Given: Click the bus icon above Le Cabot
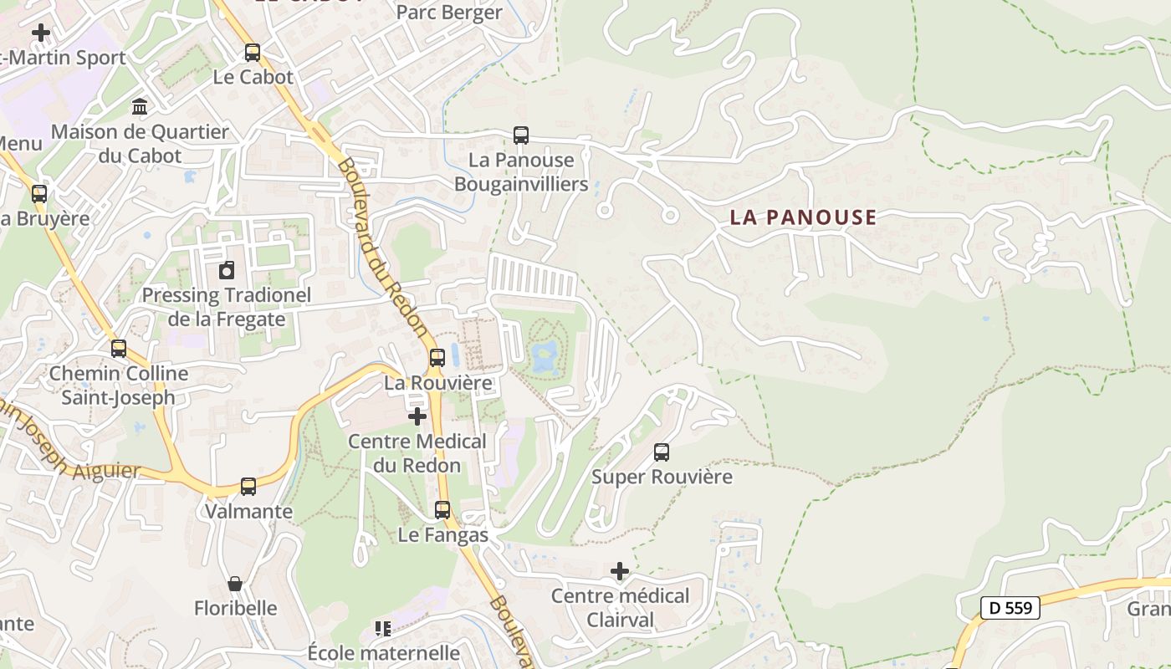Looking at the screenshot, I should coord(253,53).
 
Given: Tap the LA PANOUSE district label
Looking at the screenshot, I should coord(803,217).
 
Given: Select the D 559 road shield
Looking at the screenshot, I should coord(1010,608).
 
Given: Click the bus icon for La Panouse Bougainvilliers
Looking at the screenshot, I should coord(521,135).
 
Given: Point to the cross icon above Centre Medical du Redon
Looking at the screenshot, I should coord(417,416).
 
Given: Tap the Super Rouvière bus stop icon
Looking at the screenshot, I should coord(662,452).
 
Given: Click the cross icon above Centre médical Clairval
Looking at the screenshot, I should coord(619,571).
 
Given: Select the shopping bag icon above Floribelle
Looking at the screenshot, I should coord(235,583).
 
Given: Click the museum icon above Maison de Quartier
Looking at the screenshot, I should coord(140,107).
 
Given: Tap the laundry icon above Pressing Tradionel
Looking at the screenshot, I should coord(226,270).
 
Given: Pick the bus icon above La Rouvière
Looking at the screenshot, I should coord(437,358).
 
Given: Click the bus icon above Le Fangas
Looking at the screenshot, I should coord(442,509).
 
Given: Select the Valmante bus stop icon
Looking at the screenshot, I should coord(248,486).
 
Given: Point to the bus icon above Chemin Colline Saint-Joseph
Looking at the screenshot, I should coord(119,348).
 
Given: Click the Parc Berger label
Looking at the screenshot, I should coord(449,13).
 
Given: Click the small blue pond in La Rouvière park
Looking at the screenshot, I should coord(545,357).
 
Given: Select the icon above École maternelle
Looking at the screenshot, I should coord(383,628).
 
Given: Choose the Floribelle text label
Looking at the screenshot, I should coord(236,608).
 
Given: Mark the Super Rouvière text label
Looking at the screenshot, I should coord(662,477).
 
